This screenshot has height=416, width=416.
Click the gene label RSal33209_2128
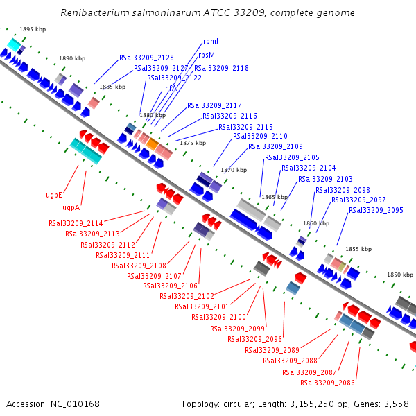point(146,58)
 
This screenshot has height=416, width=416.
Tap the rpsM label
point(207,55)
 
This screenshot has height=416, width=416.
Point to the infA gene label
point(171,88)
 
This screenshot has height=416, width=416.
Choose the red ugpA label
point(71,207)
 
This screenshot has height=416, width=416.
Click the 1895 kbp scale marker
point(33,29)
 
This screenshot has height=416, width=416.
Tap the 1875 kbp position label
point(193,143)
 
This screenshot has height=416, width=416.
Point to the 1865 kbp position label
point(275,197)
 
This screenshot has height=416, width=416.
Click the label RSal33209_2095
point(375,210)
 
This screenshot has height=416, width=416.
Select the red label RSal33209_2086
point(327,383)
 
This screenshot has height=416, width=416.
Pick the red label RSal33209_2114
point(76,223)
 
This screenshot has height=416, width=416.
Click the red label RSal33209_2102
point(187,296)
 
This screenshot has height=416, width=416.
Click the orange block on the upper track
point(152,144)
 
